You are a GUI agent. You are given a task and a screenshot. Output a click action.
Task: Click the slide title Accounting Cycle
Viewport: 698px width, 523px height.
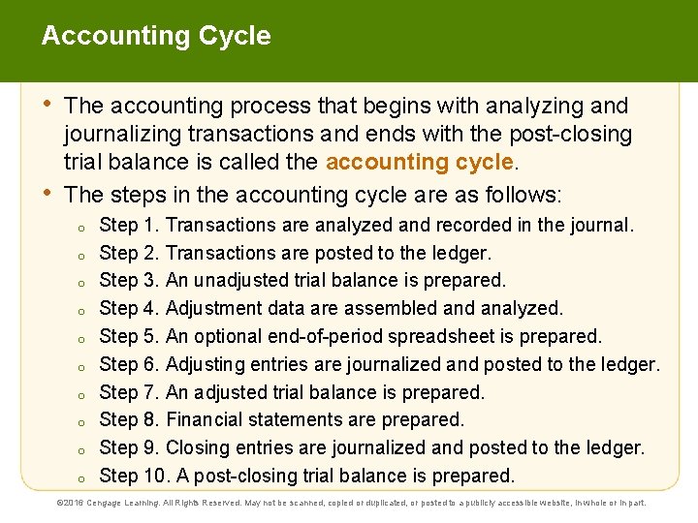156,37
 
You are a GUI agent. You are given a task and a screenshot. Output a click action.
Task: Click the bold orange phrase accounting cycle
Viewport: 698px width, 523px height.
419,162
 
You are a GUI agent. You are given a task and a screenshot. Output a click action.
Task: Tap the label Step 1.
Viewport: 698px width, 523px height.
130,225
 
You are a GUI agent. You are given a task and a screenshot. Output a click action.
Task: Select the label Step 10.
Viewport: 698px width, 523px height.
135,476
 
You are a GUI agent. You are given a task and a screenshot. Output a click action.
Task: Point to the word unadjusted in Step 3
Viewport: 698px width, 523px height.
243,281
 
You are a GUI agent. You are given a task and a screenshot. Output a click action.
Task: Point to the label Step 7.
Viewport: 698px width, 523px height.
130,392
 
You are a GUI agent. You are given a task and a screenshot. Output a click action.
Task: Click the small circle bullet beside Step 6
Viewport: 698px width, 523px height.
83,366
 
